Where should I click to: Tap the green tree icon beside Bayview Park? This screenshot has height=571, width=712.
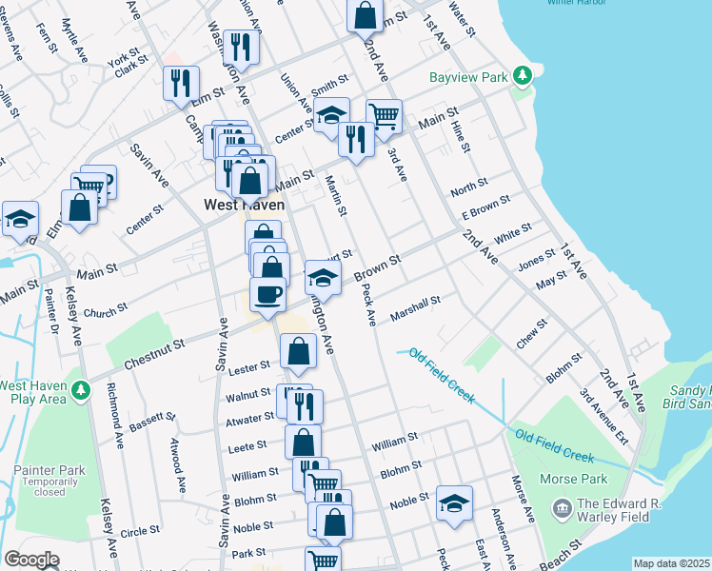coord(521,74)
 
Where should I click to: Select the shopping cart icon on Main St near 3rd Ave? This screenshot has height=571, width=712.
coord(384,117)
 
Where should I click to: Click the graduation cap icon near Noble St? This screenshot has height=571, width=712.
coord(455,502)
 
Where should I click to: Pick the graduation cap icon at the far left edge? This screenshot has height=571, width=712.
coord(20,219)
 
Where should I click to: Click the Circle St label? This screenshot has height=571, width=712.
coord(140,531)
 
